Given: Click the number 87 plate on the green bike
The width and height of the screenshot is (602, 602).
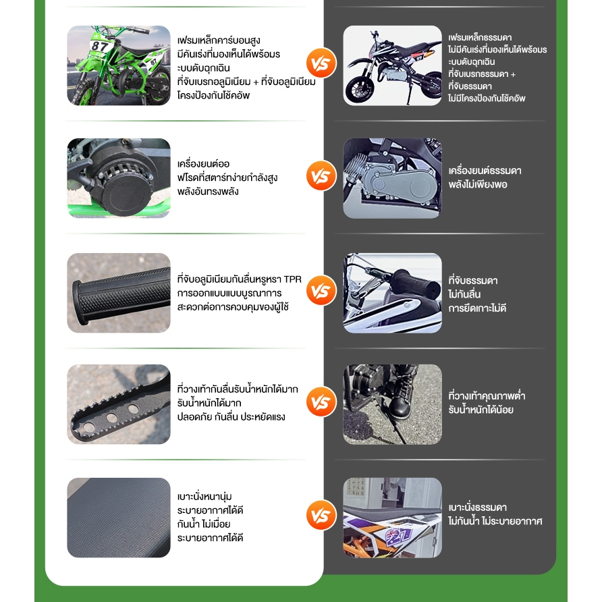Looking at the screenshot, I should tap(100, 46).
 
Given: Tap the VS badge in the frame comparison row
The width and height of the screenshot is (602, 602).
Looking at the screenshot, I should tap(321, 64).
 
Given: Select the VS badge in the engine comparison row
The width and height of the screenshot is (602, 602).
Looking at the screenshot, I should tap(321, 177).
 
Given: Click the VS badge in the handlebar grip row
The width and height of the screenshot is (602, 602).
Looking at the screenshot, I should tap(321, 292).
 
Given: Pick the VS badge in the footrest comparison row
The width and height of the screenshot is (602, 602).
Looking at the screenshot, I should tap(321, 403).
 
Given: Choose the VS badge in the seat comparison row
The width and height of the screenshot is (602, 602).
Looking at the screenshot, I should tap(321, 516).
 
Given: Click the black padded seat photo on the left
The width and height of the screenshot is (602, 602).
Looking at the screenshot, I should tap(118, 517).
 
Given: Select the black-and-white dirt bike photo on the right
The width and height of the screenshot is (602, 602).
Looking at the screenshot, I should tap(392, 65).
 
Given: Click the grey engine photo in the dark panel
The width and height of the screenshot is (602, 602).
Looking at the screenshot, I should tap(392, 178).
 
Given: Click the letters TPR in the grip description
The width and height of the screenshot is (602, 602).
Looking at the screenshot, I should tap(292, 279).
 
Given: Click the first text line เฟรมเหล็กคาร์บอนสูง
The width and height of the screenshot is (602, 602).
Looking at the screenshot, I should tap(219, 40).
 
